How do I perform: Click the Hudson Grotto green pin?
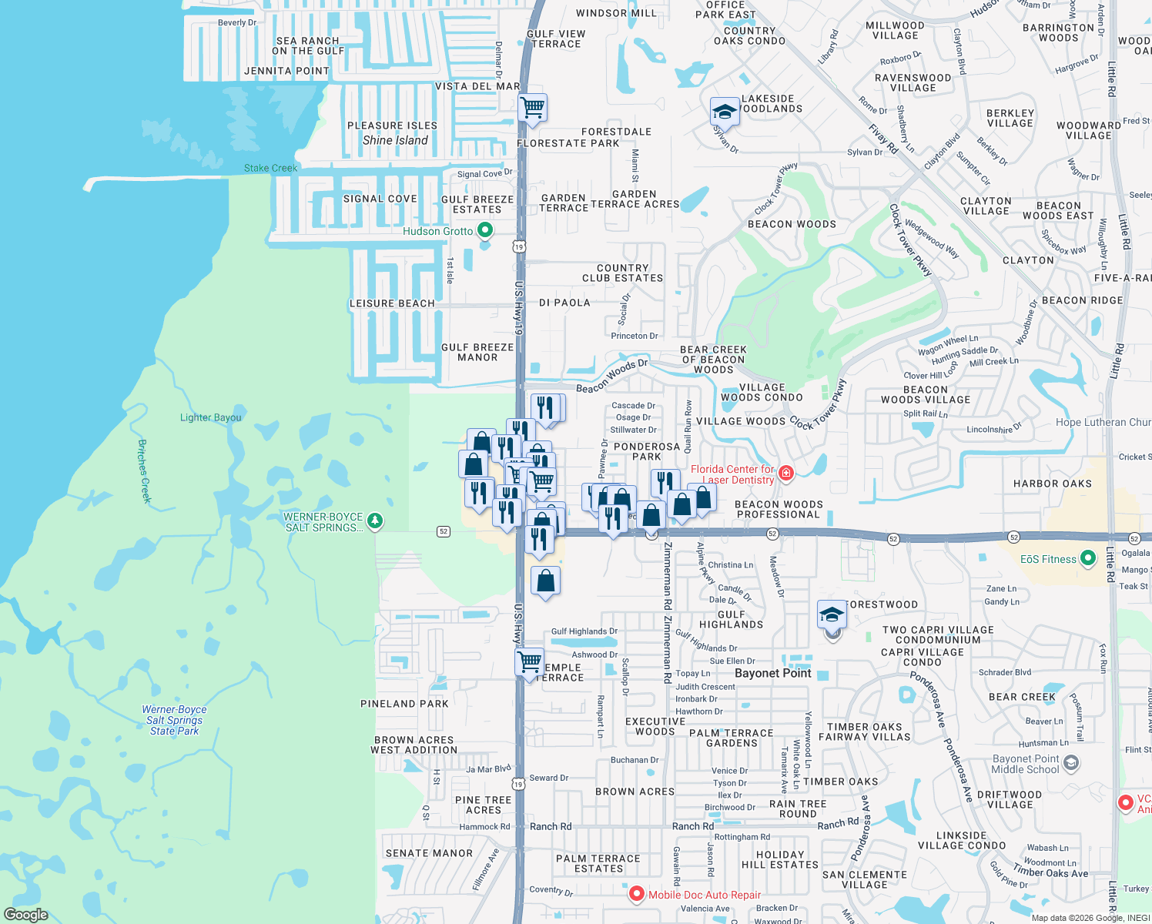coord(485,230)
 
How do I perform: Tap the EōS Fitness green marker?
coord(1087,559)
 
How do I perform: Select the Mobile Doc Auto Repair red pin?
coord(636,894)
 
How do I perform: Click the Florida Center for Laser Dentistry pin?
coord(785,473)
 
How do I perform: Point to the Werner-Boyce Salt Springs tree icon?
coord(375,521)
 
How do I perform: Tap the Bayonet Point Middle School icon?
coord(1071,763)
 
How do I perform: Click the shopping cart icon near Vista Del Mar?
coord(532,108)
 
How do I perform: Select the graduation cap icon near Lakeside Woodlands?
coord(725,112)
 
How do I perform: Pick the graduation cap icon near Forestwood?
coord(832,614)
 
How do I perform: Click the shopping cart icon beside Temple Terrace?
coord(529,662)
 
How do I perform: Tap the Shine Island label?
coord(395,140)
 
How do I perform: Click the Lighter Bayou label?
coord(210,417)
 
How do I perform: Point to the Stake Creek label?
coord(270,168)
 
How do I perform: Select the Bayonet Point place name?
coord(772,673)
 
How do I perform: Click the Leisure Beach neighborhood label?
coord(392,303)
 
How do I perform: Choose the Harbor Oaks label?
coord(1052,484)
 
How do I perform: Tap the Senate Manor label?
coord(429,853)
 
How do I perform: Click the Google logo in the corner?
coord(26,914)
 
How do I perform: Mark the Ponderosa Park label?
coord(646,451)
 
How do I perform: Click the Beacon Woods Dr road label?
coord(612,376)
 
